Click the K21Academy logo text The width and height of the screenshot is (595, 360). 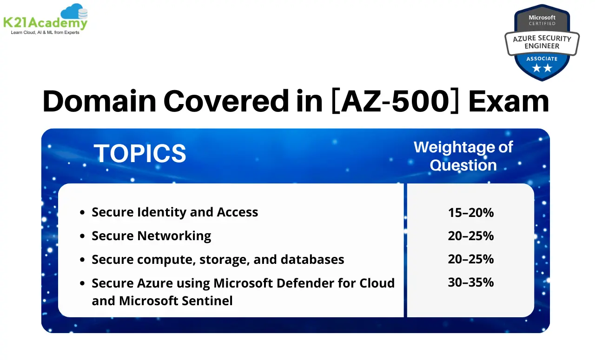point(45,23)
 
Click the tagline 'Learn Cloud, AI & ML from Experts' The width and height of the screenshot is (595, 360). point(45,33)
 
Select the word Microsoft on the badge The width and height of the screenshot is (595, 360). point(542,17)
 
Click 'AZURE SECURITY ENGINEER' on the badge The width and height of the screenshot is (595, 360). point(542,42)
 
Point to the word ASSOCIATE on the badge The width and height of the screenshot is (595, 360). point(542,59)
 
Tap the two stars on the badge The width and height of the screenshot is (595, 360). point(542,68)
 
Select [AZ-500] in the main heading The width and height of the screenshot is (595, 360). point(395,101)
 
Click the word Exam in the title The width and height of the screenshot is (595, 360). point(509,101)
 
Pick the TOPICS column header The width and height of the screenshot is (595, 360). point(140,153)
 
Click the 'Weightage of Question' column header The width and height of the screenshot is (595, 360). point(463,156)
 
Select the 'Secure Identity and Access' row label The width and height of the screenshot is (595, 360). point(175,212)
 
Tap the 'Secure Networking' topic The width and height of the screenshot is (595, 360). point(151,236)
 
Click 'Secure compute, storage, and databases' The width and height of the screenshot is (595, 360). point(218,259)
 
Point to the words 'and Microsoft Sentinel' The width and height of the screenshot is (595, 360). point(162,301)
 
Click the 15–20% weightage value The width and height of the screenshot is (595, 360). point(470,212)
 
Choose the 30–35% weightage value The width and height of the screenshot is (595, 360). point(470,282)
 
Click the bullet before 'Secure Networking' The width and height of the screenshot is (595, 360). point(82,236)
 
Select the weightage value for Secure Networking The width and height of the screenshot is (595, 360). point(470,236)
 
